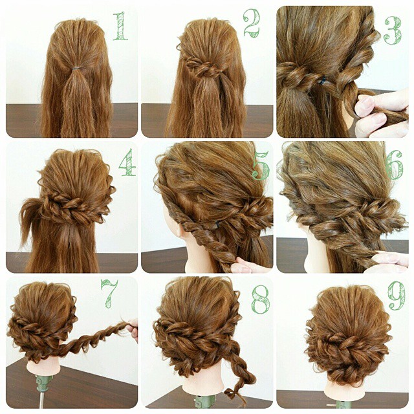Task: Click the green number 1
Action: pyautogui.click(x=120, y=26)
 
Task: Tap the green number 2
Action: pyautogui.click(x=252, y=23)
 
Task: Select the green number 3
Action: pyautogui.click(x=393, y=30)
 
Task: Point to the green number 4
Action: pyautogui.click(x=127, y=162)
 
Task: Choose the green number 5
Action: pyautogui.click(x=261, y=166)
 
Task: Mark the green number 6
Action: pyautogui.click(x=394, y=165)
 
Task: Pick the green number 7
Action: pyautogui.click(x=109, y=294)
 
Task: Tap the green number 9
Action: pyautogui.click(x=397, y=296)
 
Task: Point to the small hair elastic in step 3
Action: pyautogui.click(x=322, y=81)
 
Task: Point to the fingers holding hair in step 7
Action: pyautogui.click(x=134, y=331)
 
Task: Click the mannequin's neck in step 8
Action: pyautogui.click(x=208, y=380)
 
